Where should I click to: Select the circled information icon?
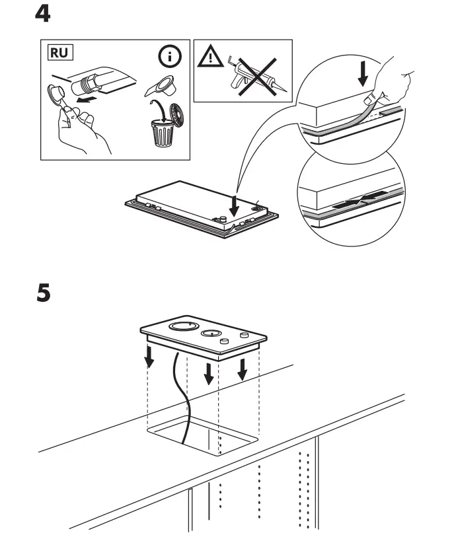click(172, 57)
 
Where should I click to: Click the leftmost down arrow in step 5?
click(149, 357)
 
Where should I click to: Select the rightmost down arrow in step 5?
click(242, 369)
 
